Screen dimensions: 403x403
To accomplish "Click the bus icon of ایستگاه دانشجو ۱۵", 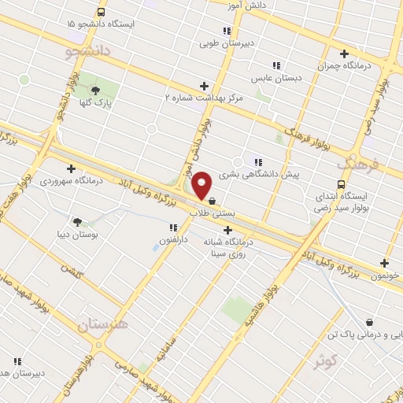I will pos(101,12).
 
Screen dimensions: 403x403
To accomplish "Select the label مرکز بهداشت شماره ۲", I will pos(204,98).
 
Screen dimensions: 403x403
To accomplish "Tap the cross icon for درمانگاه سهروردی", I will pos(72,168).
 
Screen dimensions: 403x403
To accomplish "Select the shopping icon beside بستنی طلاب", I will pos(213,200).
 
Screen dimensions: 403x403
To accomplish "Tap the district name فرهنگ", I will pos(359,165).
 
